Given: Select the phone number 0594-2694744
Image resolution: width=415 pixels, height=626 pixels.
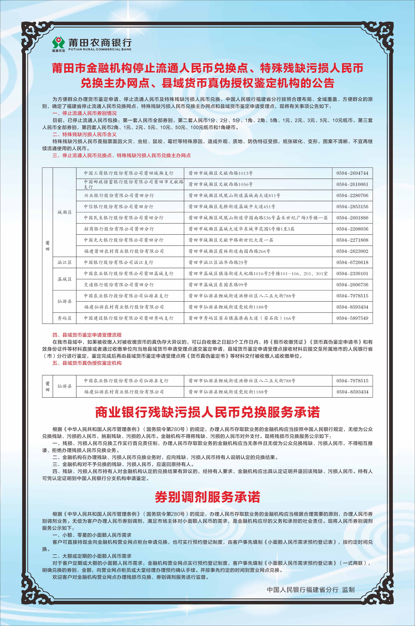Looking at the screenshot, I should tap(352, 173).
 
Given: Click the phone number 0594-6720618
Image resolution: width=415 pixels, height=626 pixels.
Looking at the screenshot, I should tap(352, 262).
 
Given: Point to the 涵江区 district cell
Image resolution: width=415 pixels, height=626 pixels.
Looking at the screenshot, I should tap(65, 262).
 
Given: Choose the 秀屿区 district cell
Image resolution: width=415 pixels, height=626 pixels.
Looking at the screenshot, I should tap(65, 318).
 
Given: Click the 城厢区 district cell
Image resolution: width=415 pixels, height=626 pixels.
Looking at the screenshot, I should tap(65, 212).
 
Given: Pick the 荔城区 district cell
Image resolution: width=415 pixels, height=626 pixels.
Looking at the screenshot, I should tap(65, 279).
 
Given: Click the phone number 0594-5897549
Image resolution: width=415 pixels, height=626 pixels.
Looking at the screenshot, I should tap(352, 318).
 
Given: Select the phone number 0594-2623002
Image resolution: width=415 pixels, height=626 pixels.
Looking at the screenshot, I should tap(352, 251).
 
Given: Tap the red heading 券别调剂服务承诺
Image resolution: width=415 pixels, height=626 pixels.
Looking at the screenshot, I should tap(207, 497).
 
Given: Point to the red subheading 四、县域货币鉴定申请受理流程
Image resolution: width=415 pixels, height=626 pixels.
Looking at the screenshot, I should tap(87, 335).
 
